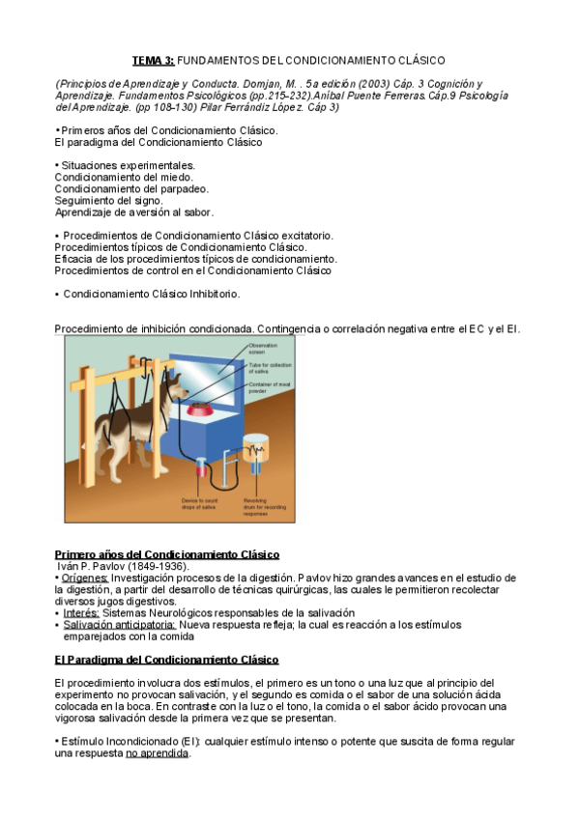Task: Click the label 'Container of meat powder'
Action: (265, 387)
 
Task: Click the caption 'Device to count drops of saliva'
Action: (201, 504)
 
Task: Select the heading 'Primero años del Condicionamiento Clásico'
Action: (167, 554)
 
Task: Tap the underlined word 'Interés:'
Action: (81, 612)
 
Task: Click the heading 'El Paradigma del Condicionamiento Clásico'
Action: (166, 660)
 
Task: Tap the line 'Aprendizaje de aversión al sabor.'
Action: (134, 212)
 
